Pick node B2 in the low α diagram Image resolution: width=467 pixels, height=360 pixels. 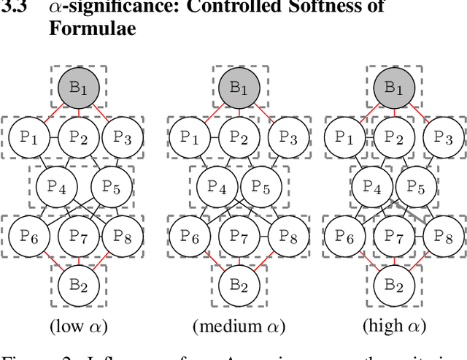point(78,284)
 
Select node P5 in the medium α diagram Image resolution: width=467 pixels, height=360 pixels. point(260,188)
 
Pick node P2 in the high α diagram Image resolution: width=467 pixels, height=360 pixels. point(394,136)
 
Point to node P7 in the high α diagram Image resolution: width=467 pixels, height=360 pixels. point(394,234)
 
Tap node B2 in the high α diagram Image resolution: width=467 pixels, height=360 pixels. point(394,284)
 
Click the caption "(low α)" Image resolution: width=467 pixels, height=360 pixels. point(78,325)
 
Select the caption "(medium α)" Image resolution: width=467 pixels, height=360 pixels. point(239,325)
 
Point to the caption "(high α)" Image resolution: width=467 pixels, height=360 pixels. point(394,325)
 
